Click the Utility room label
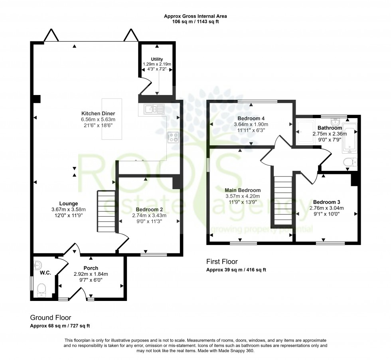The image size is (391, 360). click(156, 59)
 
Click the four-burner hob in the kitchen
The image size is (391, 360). click(174, 137)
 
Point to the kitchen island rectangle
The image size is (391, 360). click(113, 119)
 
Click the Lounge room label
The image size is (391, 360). click(69, 204)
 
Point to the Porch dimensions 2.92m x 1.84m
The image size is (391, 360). click(91, 274)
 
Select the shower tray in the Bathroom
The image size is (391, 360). click(305, 131)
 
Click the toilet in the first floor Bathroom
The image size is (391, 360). click(350, 162)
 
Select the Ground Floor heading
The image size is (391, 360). click(51, 318)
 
